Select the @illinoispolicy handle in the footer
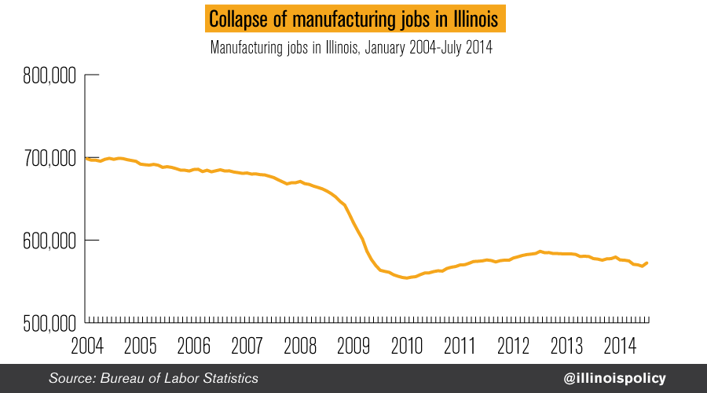click(614, 378)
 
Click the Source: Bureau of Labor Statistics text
click(153, 378)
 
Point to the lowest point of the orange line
click(406, 277)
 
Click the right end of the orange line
click(647, 263)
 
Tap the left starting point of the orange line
click(85, 158)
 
